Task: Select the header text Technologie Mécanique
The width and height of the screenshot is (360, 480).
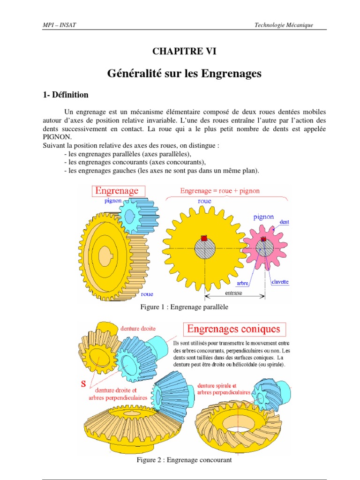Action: pyautogui.click(x=284, y=25)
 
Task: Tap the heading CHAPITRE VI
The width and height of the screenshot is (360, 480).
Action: pyautogui.click(x=184, y=52)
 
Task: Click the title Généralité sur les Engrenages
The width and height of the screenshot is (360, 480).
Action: pyautogui.click(x=184, y=74)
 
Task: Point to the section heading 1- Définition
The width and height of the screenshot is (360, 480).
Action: pyautogui.click(x=65, y=95)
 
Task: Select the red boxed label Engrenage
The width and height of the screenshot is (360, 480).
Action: pyautogui.click(x=117, y=190)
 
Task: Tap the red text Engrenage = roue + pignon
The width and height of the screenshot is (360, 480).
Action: pyautogui.click(x=220, y=191)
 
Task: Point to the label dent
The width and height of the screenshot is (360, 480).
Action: pyautogui.click(x=284, y=222)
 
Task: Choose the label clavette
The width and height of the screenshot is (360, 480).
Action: pyautogui.click(x=280, y=282)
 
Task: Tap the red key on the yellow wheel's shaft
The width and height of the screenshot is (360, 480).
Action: pyautogui.click(x=204, y=238)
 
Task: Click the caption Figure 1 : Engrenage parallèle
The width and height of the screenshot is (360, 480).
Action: pyautogui.click(x=184, y=307)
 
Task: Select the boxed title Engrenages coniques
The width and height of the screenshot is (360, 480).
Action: pyautogui.click(x=233, y=329)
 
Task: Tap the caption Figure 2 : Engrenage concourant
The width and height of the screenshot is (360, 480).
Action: pyautogui.click(x=184, y=460)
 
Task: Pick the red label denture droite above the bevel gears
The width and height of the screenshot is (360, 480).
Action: pyautogui.click(x=138, y=329)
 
